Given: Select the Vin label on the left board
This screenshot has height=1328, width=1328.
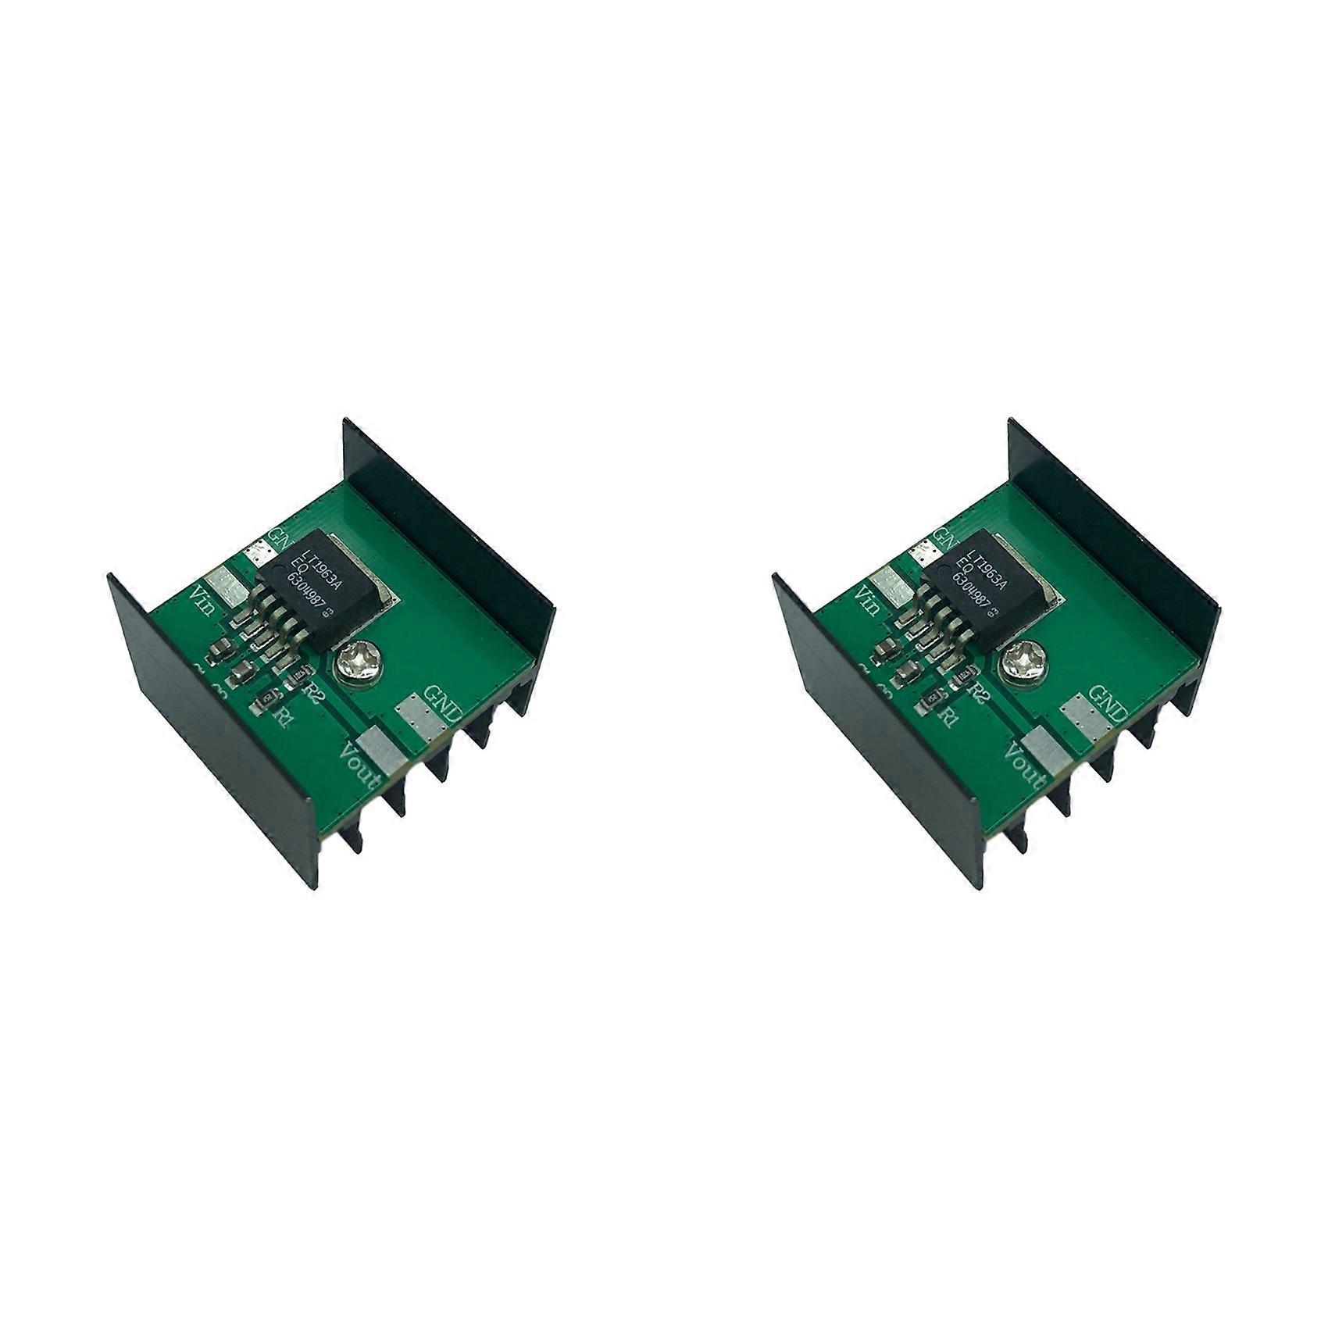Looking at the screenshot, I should pos(204,602).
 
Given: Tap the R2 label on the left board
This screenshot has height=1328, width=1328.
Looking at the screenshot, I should pos(315,691).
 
